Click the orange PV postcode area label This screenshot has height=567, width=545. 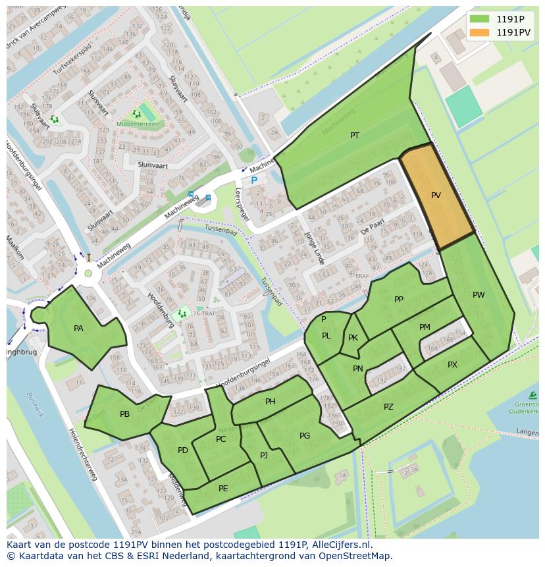(x=436, y=196)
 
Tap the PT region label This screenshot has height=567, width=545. (x=355, y=136)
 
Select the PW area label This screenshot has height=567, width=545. (x=479, y=295)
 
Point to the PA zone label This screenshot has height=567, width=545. (x=78, y=329)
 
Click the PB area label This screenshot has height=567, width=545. (x=124, y=414)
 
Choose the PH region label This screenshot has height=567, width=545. (x=271, y=402)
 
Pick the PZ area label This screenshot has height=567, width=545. (x=388, y=407)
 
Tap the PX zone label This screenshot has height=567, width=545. (x=452, y=365)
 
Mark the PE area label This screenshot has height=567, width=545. (x=223, y=489)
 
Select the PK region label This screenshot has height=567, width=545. (x=353, y=338)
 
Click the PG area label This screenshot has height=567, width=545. (x=305, y=436)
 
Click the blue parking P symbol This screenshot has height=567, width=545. (x=254, y=180)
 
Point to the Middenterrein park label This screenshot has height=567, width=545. (x=137, y=124)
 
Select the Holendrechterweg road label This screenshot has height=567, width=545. (x=83, y=454)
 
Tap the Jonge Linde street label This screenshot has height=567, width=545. (x=315, y=248)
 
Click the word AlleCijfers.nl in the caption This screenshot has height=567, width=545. (x=342, y=545)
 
